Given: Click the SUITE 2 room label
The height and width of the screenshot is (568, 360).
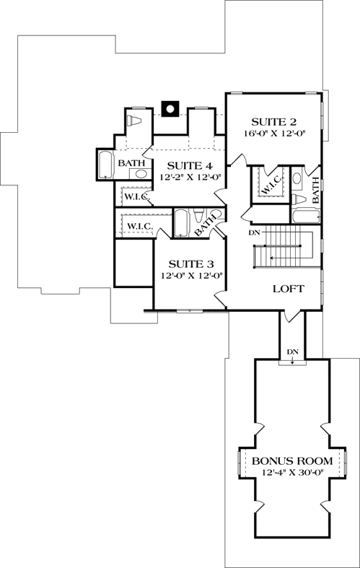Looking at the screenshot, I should click(274, 121).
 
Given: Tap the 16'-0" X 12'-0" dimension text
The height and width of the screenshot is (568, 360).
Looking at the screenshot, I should click(274, 134).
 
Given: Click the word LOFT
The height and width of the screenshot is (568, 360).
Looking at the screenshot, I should click(288, 289).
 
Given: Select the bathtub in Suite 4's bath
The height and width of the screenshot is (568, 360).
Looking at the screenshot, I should click(105, 165).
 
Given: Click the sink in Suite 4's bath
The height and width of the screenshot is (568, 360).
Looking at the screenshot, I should click(139, 174).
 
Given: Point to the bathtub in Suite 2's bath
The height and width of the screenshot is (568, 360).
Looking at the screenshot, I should click(304, 216).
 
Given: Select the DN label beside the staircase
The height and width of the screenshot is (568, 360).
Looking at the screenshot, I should click(253, 232).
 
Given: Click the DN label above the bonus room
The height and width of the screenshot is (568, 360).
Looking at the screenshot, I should click(292, 351).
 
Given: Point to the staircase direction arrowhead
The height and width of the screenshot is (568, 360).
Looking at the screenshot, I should click(271, 257).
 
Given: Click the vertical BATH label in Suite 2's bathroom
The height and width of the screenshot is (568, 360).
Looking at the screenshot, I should click(315, 191).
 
